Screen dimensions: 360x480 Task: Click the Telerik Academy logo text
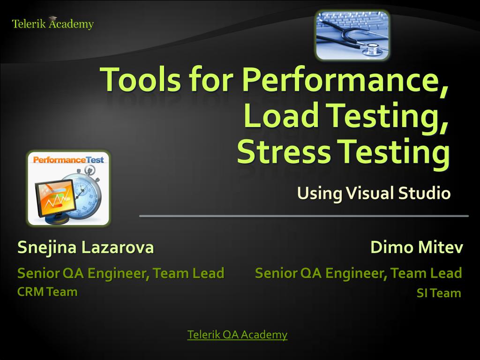[x=52, y=24]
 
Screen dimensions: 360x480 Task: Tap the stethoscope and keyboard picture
[x=352, y=35]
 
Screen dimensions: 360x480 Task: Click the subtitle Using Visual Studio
[x=374, y=193]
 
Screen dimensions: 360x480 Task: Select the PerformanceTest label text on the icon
[x=68, y=160]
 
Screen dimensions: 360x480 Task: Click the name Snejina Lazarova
[x=85, y=247]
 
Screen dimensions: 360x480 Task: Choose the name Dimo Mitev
[x=416, y=247]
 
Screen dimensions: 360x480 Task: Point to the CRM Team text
[x=47, y=292]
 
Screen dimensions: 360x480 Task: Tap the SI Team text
[x=439, y=293]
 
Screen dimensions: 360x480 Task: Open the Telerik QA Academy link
[x=237, y=335]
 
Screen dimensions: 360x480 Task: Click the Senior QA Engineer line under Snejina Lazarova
[x=120, y=273]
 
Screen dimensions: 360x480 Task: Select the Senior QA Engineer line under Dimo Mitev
[x=359, y=273]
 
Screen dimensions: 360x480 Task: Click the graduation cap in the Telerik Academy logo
[x=52, y=19]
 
